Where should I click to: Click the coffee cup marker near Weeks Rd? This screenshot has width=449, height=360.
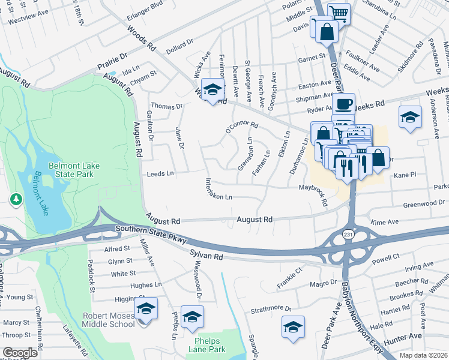[x=345, y=104]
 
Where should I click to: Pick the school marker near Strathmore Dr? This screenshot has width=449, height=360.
[x=293, y=327]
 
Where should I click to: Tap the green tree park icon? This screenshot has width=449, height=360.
[x=14, y=198]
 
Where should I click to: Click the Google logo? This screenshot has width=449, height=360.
[x=20, y=353]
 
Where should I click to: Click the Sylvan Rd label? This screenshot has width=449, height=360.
[x=206, y=256]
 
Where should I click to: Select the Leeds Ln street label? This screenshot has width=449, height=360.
[x=160, y=173]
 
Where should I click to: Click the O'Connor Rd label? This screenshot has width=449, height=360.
[x=241, y=127]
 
